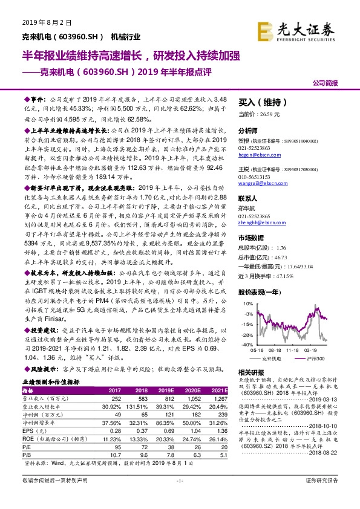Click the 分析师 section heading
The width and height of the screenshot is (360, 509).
pos(248,129)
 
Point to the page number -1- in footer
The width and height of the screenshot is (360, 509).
pos(179,496)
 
